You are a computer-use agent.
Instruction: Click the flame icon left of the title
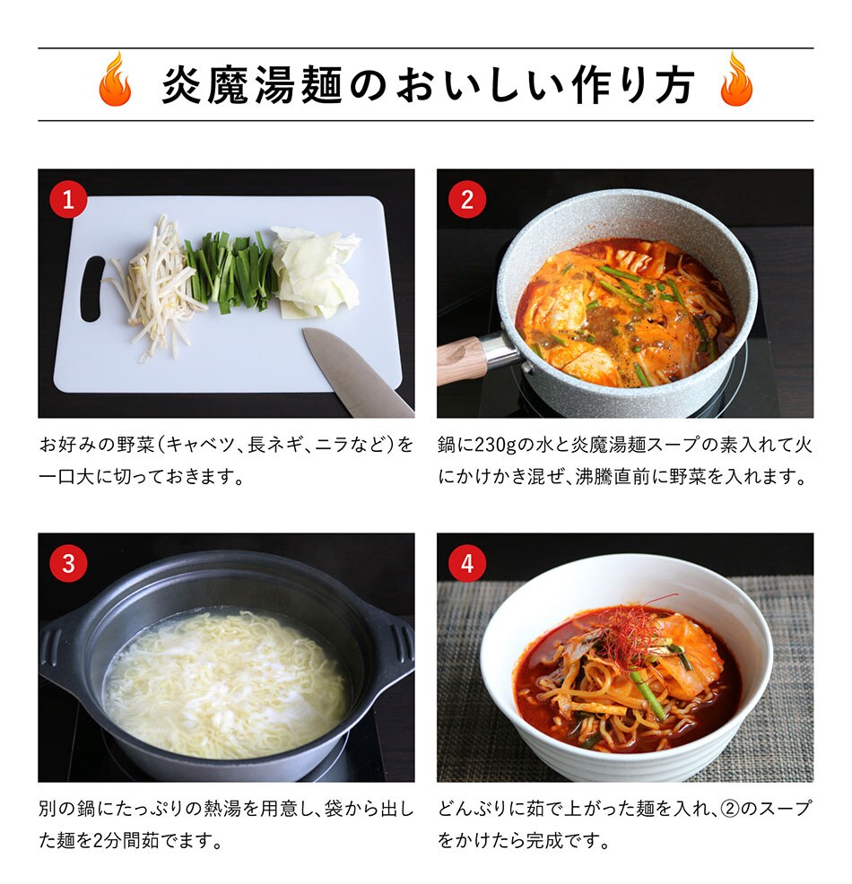click(x=115, y=79)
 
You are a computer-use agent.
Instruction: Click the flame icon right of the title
click(x=736, y=79)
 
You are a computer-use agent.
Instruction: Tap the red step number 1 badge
click(x=68, y=200)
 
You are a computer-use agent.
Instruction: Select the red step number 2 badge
click(x=467, y=200)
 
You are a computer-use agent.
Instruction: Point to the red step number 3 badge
click(x=68, y=563)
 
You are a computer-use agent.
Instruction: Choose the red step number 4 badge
click(x=467, y=563)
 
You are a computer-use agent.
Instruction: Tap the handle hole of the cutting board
click(x=92, y=289)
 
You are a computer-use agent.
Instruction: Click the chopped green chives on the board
click(x=230, y=272)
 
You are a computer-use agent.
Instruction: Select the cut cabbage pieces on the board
click(x=316, y=272)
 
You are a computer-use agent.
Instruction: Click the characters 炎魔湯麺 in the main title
click(x=252, y=85)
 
